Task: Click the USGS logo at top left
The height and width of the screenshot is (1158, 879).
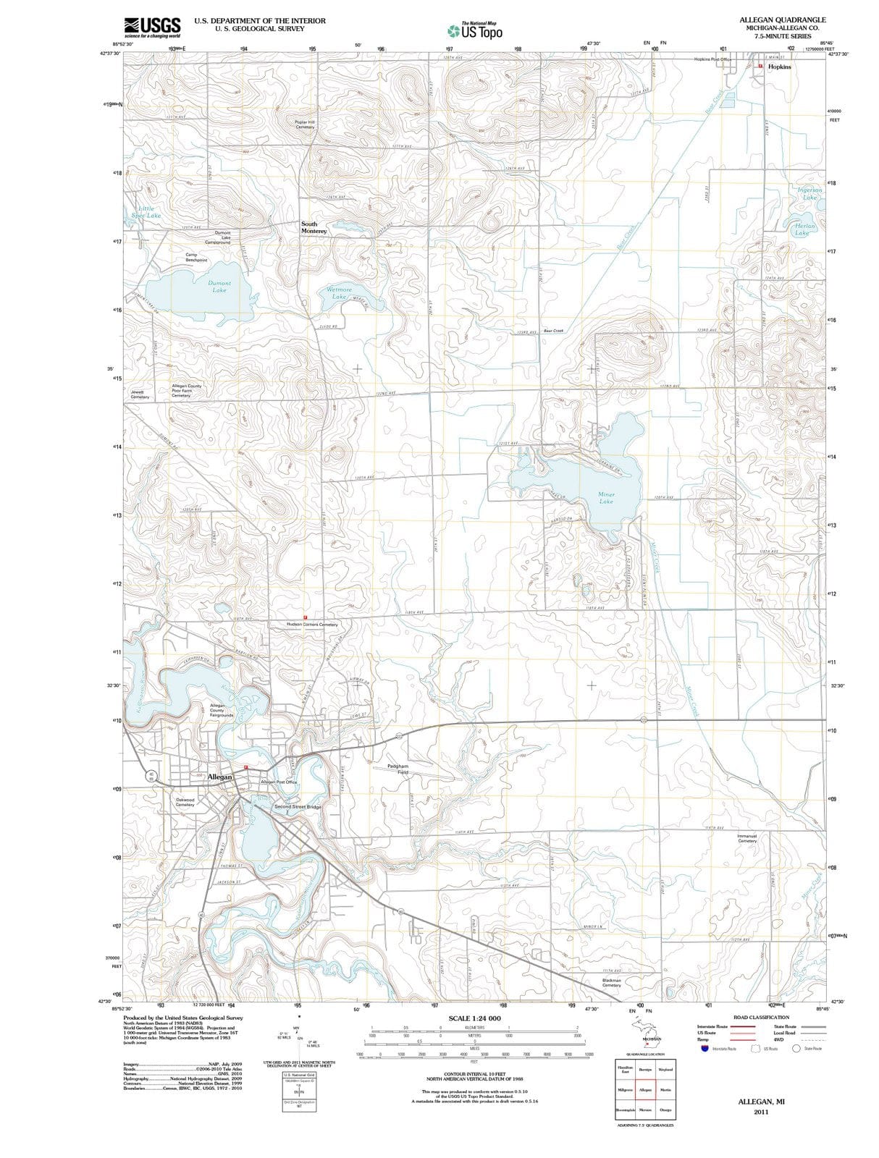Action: point(152,27)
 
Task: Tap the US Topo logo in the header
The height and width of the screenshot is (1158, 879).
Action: point(475,31)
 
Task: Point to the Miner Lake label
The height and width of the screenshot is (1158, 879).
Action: point(606,498)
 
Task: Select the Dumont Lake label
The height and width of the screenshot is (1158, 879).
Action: point(219,287)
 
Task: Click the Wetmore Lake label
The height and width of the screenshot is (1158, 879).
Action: point(339,293)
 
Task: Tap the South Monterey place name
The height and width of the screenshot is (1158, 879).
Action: point(314,227)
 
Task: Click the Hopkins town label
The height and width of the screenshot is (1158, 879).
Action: point(780,67)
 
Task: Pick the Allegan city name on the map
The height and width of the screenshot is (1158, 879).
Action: point(219,777)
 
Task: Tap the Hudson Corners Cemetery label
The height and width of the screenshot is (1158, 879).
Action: point(312,624)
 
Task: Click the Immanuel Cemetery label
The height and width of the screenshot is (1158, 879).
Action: point(746,838)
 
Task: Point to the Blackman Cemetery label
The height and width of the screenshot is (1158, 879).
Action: point(611,984)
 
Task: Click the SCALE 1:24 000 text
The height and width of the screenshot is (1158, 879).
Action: point(474,1018)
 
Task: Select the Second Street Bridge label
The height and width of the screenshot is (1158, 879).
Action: point(298,806)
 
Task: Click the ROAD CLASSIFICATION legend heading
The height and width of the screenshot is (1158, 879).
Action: point(761,1018)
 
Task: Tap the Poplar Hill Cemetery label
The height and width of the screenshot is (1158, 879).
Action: point(305,124)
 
